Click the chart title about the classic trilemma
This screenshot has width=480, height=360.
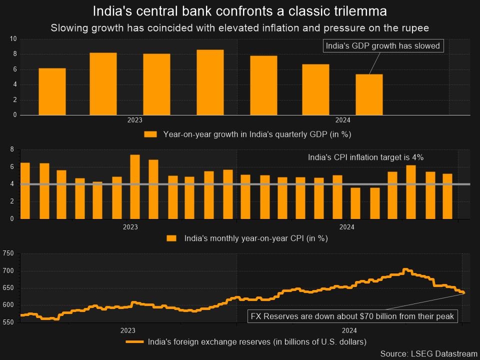pos(240,10)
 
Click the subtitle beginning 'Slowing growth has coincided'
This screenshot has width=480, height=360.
pos(240,27)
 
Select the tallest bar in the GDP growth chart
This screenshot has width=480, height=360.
pos(210,82)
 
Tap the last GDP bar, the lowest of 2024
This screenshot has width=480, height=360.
pos(369,94)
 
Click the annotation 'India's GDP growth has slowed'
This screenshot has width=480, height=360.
pos(382,46)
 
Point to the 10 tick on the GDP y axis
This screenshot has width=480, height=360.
pos(13,39)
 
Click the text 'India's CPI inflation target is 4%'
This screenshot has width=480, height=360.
pos(365,157)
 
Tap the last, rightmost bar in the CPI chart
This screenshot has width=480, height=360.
pos(447,196)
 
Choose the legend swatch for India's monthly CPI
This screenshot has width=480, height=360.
pos(171,238)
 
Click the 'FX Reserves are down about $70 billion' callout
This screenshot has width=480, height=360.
pos(352,316)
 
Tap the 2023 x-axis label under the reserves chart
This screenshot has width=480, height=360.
pos(127,330)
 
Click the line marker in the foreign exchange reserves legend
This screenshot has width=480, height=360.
pos(134,342)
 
